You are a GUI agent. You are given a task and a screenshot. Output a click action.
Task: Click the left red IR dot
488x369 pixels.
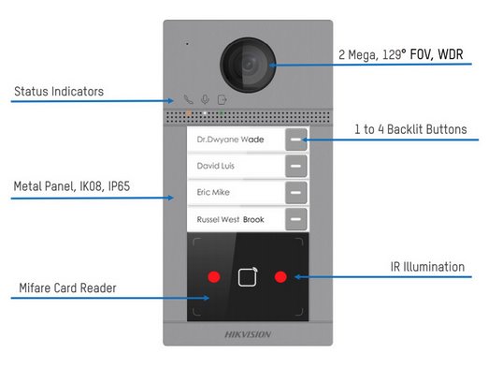[214, 277]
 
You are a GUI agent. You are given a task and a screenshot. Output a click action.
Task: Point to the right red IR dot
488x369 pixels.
[280, 277]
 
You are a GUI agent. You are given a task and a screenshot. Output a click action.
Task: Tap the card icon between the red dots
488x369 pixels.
[247, 277]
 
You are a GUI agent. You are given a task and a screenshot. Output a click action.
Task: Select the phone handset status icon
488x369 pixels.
[189, 99]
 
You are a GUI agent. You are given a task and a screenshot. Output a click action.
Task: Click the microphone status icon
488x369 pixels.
[206, 99]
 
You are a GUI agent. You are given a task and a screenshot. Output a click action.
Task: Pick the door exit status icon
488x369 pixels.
[222, 99]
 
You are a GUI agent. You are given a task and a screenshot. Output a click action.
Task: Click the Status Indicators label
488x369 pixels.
[58, 92]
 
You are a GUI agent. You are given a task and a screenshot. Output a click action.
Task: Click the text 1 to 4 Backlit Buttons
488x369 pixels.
[410, 129]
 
